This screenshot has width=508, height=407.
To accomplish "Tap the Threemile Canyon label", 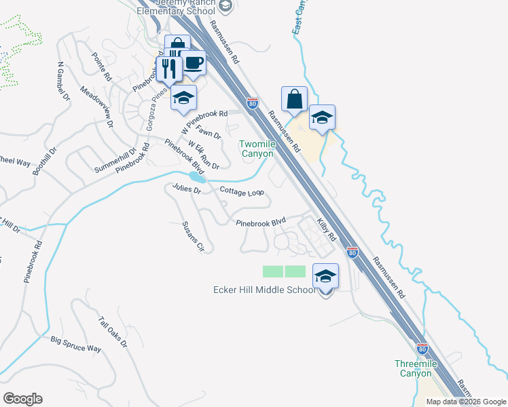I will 414,368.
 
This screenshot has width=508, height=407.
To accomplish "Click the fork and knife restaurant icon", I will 168,69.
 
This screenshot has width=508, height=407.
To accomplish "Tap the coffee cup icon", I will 194,63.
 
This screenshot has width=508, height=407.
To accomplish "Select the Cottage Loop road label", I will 241,192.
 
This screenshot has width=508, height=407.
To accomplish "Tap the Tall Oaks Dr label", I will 113,332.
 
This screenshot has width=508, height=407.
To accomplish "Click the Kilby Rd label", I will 327,229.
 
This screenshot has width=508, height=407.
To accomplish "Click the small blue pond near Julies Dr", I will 196,177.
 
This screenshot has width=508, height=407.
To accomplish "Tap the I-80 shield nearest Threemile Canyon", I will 422,349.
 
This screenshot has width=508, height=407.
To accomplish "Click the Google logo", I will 22,399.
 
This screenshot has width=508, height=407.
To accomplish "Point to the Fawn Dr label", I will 208,131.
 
